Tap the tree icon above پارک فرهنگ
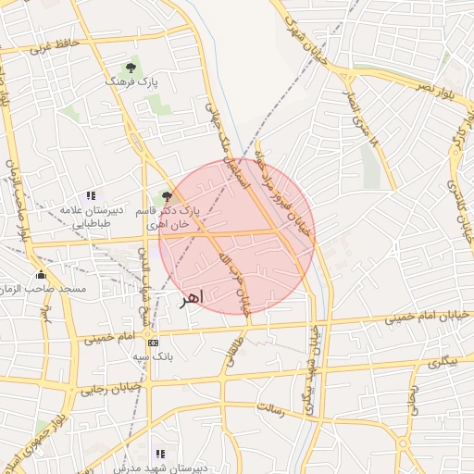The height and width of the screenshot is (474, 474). [131, 68]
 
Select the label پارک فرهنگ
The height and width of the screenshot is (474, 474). [131, 82]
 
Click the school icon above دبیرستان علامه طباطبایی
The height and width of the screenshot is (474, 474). [90, 195]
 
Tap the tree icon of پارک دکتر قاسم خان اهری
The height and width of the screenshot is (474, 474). [167, 195]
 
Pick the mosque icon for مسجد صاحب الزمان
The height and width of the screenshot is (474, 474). [41, 274]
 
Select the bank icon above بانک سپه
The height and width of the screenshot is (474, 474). [154, 343]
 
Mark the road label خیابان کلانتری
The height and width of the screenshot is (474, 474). [460, 194]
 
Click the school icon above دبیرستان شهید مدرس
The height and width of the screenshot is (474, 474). [160, 455]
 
